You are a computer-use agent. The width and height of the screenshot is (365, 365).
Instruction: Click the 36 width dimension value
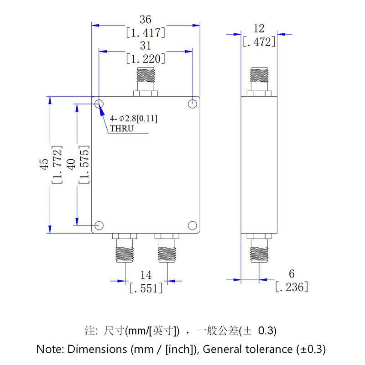click(x=146, y=20)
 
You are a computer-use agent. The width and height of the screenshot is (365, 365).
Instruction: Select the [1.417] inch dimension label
click(x=146, y=32)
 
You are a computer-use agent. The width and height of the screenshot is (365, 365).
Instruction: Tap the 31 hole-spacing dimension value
click(x=146, y=46)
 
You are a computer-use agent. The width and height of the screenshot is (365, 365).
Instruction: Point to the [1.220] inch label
click(x=146, y=58)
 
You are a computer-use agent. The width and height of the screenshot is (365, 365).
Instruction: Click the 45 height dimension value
click(x=44, y=165)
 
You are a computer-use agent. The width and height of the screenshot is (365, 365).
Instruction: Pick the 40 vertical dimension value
click(x=71, y=165)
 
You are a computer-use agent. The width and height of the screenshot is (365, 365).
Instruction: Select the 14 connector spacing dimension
click(x=146, y=275)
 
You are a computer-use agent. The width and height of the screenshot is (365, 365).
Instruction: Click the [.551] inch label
click(x=146, y=288)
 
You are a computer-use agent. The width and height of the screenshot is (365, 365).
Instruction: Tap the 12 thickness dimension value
click(x=259, y=29)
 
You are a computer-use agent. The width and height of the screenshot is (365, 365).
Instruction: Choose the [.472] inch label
click(x=259, y=42)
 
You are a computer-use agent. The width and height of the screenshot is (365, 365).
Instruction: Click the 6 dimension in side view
click(x=292, y=274)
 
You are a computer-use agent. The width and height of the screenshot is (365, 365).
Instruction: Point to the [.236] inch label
click(x=292, y=287)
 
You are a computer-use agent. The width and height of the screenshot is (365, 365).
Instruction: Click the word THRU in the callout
click(x=121, y=128)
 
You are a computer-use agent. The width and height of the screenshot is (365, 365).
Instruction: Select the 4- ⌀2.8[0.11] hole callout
click(x=133, y=119)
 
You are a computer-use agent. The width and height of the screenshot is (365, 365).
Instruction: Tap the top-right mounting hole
click(x=193, y=104)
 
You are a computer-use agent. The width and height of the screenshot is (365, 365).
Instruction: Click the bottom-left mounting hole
click(x=99, y=225)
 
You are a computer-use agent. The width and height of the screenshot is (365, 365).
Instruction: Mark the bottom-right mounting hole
click(x=193, y=225)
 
